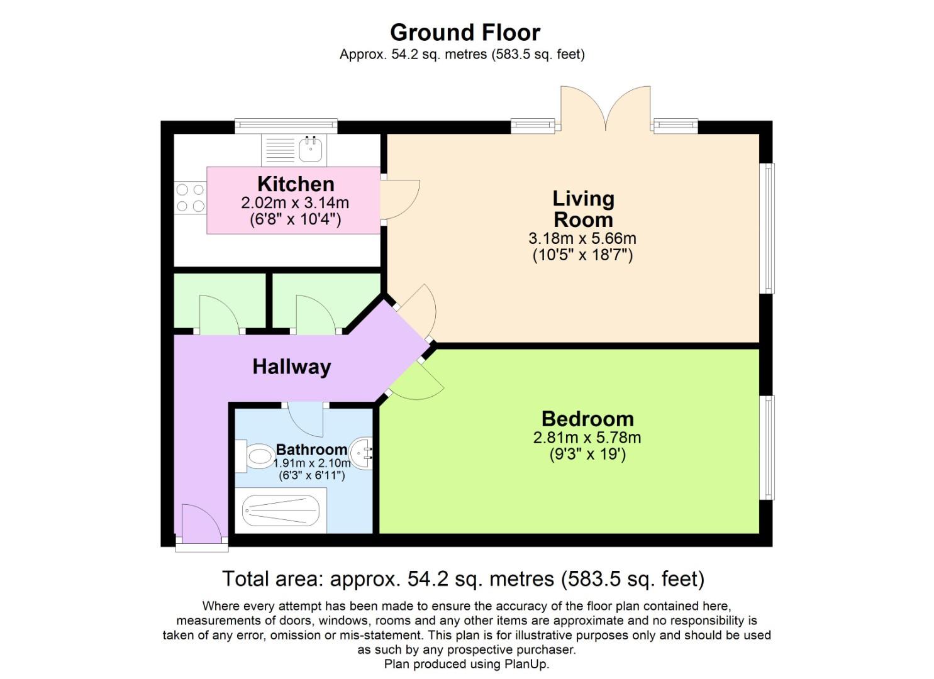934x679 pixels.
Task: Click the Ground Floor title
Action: coord(465,32)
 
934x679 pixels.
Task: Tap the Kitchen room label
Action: coord(296,184)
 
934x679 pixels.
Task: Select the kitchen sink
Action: coord(310,150)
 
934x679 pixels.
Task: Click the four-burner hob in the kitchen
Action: coord(190,197)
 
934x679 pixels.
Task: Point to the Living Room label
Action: coord(583,209)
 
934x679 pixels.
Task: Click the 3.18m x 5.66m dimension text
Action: coord(582,239)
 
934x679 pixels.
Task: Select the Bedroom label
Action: coord(587,419)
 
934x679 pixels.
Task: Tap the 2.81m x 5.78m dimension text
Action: coord(587,438)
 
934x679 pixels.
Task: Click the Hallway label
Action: coord(291,367)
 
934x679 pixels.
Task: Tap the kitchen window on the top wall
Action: coord(286,126)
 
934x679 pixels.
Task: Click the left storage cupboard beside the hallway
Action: coord(219,301)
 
